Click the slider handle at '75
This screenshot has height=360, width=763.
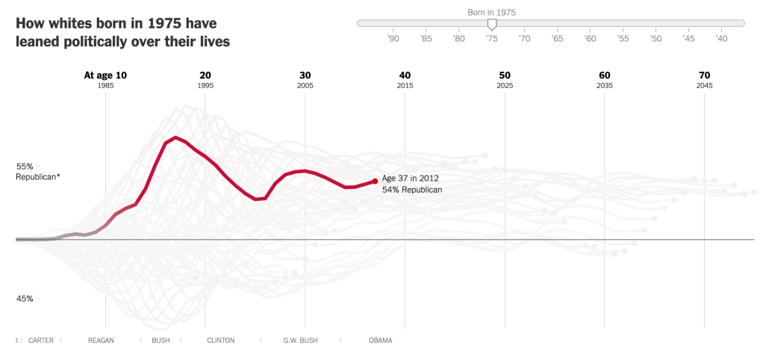(491, 25)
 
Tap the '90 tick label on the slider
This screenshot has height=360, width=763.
(393, 38)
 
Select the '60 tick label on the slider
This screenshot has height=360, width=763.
(590, 38)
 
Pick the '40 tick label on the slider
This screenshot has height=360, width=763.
(721, 38)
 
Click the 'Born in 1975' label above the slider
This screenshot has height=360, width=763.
(491, 12)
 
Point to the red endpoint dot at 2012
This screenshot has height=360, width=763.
(375, 181)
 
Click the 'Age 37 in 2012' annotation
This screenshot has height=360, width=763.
(410, 179)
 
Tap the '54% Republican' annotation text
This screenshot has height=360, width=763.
(412, 190)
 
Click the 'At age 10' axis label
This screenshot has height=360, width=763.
(105, 75)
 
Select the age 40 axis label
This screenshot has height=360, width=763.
(405, 75)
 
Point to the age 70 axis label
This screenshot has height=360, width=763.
(704, 75)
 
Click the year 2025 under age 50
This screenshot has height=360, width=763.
(505, 87)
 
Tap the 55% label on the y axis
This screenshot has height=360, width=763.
(25, 166)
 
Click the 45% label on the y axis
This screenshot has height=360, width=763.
(25, 299)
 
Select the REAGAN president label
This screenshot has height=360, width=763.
(101, 341)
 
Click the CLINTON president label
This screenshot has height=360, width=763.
(220, 341)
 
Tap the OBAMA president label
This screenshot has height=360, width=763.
(380, 341)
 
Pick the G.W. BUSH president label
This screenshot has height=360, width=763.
(300, 341)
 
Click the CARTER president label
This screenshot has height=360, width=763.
(40, 341)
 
